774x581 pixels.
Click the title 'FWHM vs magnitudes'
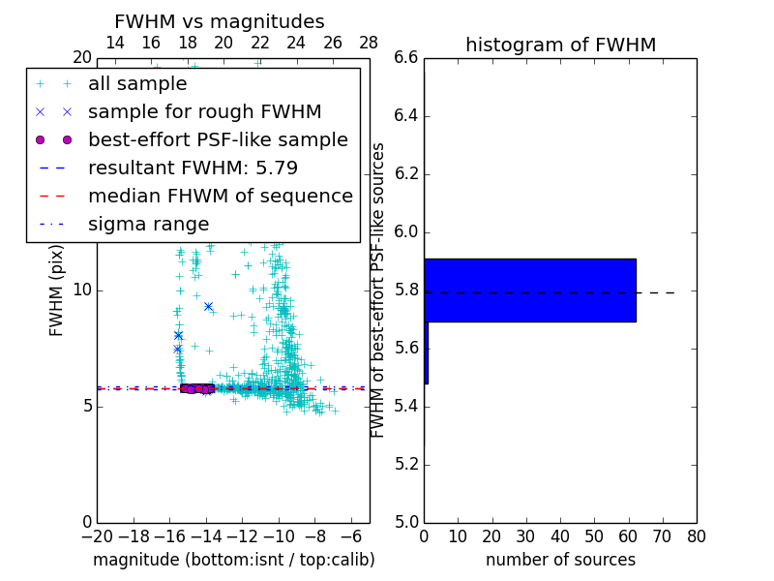pyautogui.click(x=220, y=21)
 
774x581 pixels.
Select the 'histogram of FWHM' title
pyautogui.click(x=560, y=45)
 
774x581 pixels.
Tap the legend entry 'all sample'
pyautogui.click(x=137, y=84)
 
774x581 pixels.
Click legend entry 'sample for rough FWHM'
pyautogui.click(x=204, y=112)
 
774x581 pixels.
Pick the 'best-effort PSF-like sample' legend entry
pyautogui.click(x=218, y=140)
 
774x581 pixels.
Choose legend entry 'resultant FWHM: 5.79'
pyautogui.click(x=193, y=168)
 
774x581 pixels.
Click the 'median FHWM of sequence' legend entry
pyautogui.click(x=220, y=197)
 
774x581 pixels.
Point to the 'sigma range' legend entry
pyautogui.click(x=148, y=225)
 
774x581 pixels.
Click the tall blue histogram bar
pyautogui.click(x=530, y=290)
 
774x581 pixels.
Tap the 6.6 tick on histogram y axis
pyautogui.click(x=406, y=58)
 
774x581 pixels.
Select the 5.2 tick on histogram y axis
pyautogui.click(x=406, y=465)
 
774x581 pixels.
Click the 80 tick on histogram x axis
pyautogui.click(x=697, y=535)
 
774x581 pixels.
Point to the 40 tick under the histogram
pyautogui.click(x=560, y=535)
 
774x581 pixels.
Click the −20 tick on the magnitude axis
pyautogui.click(x=97, y=535)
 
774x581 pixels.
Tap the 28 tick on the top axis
pyautogui.click(x=369, y=43)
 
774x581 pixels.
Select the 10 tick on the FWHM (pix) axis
pyautogui.click(x=82, y=290)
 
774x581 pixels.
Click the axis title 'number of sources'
pyautogui.click(x=560, y=560)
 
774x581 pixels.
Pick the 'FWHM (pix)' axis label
pyautogui.click(x=57, y=290)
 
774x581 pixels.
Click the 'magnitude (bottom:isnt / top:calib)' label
pyautogui.click(x=233, y=560)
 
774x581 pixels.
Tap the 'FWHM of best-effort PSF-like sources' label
pyautogui.click(x=378, y=290)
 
